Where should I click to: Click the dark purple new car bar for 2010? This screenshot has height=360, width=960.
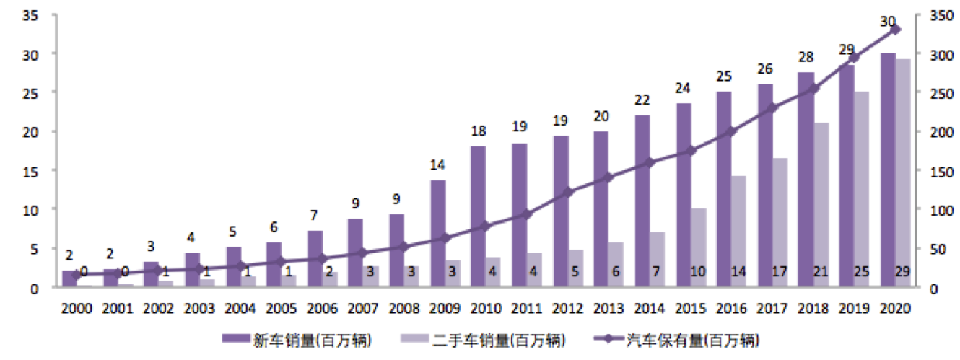[x=479, y=216]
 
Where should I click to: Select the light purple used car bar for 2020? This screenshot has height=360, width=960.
[x=903, y=172]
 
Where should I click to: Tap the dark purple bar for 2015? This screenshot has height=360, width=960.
[x=684, y=195]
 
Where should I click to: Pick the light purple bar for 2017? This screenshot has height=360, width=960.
[x=780, y=222]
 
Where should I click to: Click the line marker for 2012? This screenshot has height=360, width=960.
[x=568, y=193]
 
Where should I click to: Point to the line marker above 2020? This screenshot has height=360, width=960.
[x=896, y=30]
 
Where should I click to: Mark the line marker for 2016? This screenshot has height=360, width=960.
[x=732, y=132]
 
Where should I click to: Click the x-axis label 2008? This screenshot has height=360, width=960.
[x=404, y=309]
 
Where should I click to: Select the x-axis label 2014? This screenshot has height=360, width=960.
[x=650, y=309]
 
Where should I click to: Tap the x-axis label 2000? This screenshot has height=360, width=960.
[x=77, y=309]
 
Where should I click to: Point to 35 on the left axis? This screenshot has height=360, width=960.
[x=30, y=16]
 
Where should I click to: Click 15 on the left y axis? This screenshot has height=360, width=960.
[x=30, y=172]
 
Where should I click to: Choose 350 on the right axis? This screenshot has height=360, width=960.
[x=941, y=16]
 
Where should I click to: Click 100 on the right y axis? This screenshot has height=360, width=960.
[x=941, y=211]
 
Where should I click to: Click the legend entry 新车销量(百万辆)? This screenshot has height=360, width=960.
[x=297, y=341]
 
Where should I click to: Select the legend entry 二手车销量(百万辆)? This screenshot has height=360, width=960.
[x=484, y=341]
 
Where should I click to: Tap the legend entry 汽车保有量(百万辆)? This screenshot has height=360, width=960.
[x=677, y=341]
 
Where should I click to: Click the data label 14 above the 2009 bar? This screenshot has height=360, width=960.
[x=437, y=165]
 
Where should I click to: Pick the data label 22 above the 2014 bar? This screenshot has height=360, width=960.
[x=642, y=100]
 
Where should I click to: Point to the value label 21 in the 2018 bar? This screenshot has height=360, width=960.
[x=820, y=271]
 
